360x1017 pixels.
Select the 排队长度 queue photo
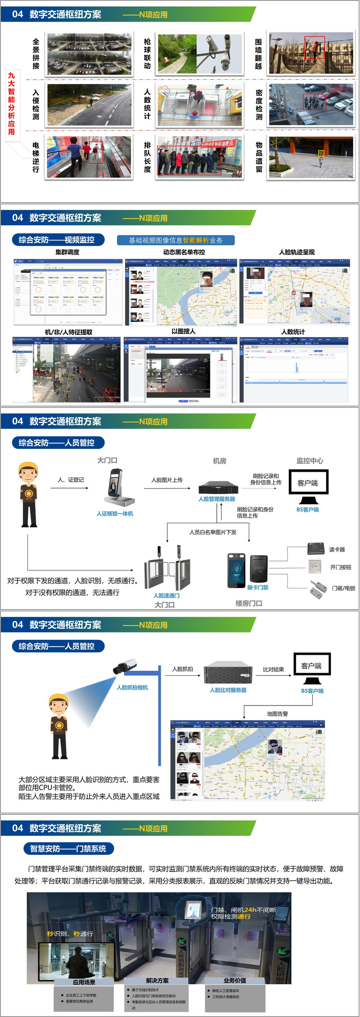pyautogui.click(x=200, y=157)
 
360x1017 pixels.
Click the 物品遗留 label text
pyautogui.click(x=259, y=157)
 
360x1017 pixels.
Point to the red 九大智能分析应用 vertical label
pyautogui.click(x=11, y=104)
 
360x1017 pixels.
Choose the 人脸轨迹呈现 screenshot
pyautogui.click(x=295, y=291)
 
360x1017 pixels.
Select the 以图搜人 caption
pyautogui.click(x=183, y=331)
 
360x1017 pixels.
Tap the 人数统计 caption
pyautogui.click(x=293, y=332)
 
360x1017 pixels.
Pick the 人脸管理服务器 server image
pyautogui.click(x=218, y=487)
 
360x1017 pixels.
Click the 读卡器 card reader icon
pyautogui.click(x=316, y=548)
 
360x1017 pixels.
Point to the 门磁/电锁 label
pyautogui.click(x=343, y=588)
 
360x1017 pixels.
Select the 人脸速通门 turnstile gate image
pyautogui.click(x=167, y=569)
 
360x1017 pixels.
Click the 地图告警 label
pyautogui.click(x=277, y=714)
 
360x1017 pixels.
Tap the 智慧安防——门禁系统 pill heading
pyautogui.click(x=68, y=849)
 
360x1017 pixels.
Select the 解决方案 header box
pyautogui.click(x=157, y=981)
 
